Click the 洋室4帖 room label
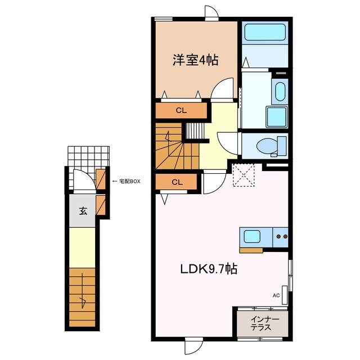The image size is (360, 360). (x=195, y=60)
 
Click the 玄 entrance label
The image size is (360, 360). (x=83, y=210)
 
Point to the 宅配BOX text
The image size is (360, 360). (x=129, y=181)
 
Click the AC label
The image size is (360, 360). (x=276, y=295)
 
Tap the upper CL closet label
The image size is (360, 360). (x=181, y=111)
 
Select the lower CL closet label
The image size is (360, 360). (x=177, y=182)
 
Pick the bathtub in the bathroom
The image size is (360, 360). (x=265, y=32)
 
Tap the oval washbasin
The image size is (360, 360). (x=280, y=92)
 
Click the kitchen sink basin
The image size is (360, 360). (x=252, y=237)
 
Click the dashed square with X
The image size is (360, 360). (x=244, y=175)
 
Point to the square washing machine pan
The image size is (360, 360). (x=277, y=116)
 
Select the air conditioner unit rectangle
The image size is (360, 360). (x=285, y=295)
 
